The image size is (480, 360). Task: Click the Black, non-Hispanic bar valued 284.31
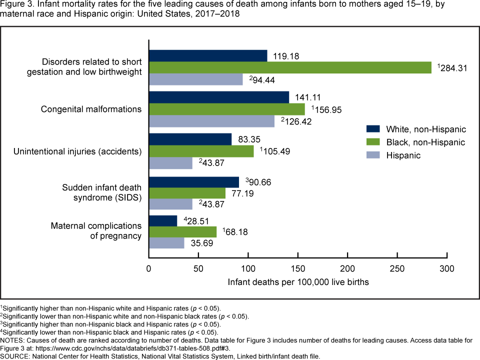coord(290,67)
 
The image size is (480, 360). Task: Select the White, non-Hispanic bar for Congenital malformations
coord(219,97)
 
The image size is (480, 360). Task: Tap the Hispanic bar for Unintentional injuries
coord(170,162)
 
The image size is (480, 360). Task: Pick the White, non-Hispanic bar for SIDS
coord(194,181)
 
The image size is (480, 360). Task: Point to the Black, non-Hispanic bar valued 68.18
coord(182,231)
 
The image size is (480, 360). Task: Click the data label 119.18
coord(286,56)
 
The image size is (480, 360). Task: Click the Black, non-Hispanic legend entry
coord(425,142)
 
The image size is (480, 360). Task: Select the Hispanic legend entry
coord(403,155)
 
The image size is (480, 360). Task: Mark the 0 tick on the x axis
coord(149,268)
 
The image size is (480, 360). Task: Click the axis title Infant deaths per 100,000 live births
coord(298,282)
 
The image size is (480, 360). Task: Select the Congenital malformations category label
coord(91,109)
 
